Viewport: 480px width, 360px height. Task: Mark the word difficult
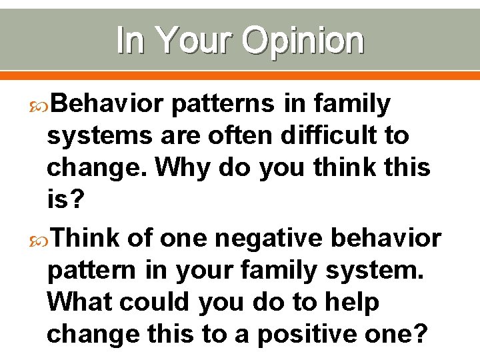click(x=324, y=136)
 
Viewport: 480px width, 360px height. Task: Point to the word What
click(x=83, y=302)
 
